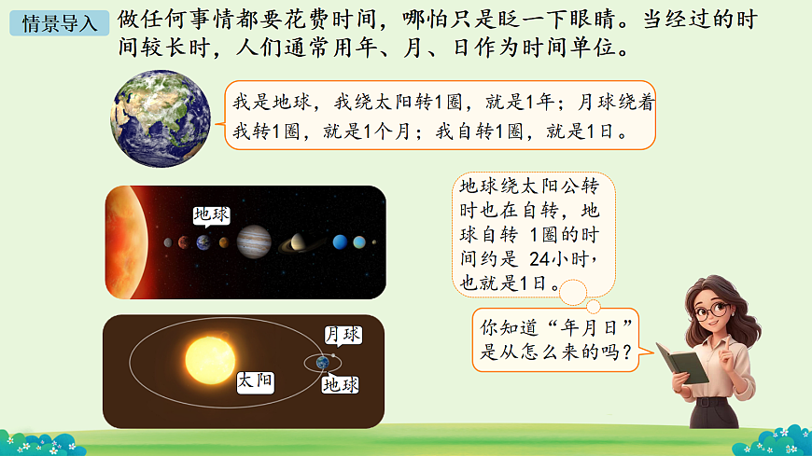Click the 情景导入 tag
[59, 23]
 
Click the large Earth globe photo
[163, 118]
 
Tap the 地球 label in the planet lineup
[210, 214]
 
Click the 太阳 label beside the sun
[255, 380]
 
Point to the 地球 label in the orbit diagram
[341, 384]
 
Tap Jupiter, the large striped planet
[253, 242]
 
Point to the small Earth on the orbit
[322, 362]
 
